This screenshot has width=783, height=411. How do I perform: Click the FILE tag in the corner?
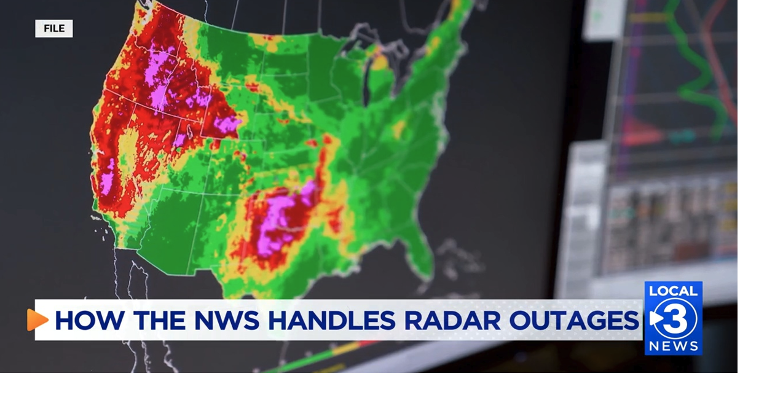pos(54,29)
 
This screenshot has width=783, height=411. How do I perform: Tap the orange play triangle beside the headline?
pos(37,320)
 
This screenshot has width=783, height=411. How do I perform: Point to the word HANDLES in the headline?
pos(332,321)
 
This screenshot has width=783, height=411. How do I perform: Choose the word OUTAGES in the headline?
pos(574,321)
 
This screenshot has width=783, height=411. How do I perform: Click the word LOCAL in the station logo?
pos(673,291)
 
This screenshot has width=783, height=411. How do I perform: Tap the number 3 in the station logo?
pos(677,318)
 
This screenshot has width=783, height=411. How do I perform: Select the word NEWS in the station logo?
pos(674,346)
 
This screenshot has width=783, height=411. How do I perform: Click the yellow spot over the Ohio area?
pos(399,129)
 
